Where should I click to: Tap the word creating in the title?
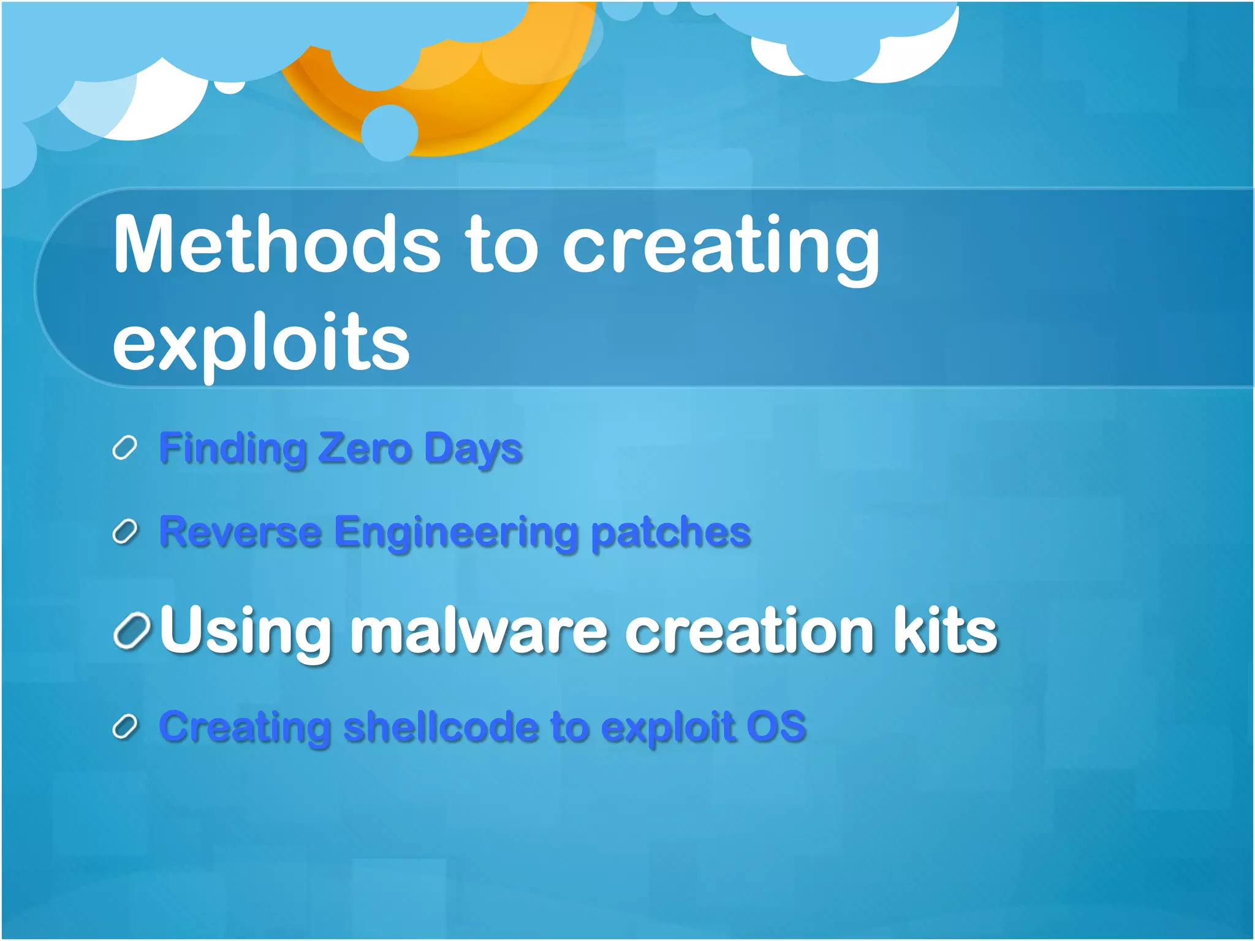pyautogui.click(x=721, y=248)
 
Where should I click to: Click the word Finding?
pyautogui.click(x=233, y=449)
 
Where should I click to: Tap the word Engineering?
pyautogui.click(x=457, y=533)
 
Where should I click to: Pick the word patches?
pyautogui.click(x=670, y=532)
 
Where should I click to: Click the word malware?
pyautogui.click(x=478, y=631)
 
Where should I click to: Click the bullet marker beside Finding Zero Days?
pyautogui.click(x=124, y=448)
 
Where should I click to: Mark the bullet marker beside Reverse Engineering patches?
pyautogui.click(x=125, y=532)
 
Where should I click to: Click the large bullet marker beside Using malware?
pyautogui.click(x=132, y=631)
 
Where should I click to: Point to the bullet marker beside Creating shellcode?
pyautogui.click(x=125, y=727)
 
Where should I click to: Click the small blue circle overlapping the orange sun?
pyautogui.click(x=390, y=132)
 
